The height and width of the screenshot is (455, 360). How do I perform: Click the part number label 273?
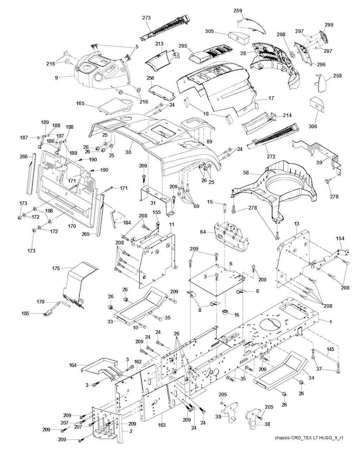pyautogui.click(x=147, y=17)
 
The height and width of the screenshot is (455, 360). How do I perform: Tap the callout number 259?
pyautogui.click(x=238, y=11)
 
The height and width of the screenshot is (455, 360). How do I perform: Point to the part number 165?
pyautogui.click(x=81, y=103)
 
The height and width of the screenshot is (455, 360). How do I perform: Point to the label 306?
pyautogui.click(x=313, y=126)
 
